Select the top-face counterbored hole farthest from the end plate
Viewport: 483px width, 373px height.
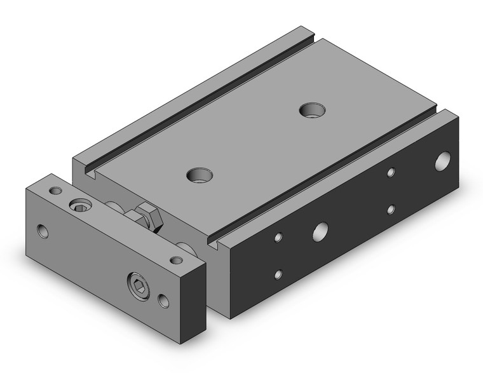pyautogui.click(x=311, y=109)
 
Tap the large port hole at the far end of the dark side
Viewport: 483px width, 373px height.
pyautogui.click(x=443, y=161)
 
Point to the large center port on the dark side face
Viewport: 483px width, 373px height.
pyautogui.click(x=320, y=231)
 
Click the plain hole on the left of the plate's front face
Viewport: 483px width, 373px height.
pyautogui.click(x=43, y=230)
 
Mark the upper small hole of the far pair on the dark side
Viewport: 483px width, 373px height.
pyautogui.click(x=391, y=172)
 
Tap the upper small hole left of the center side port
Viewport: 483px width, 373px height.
pyautogui.click(x=278, y=238)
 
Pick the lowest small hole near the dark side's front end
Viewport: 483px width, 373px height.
pyautogui.click(x=278, y=275)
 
